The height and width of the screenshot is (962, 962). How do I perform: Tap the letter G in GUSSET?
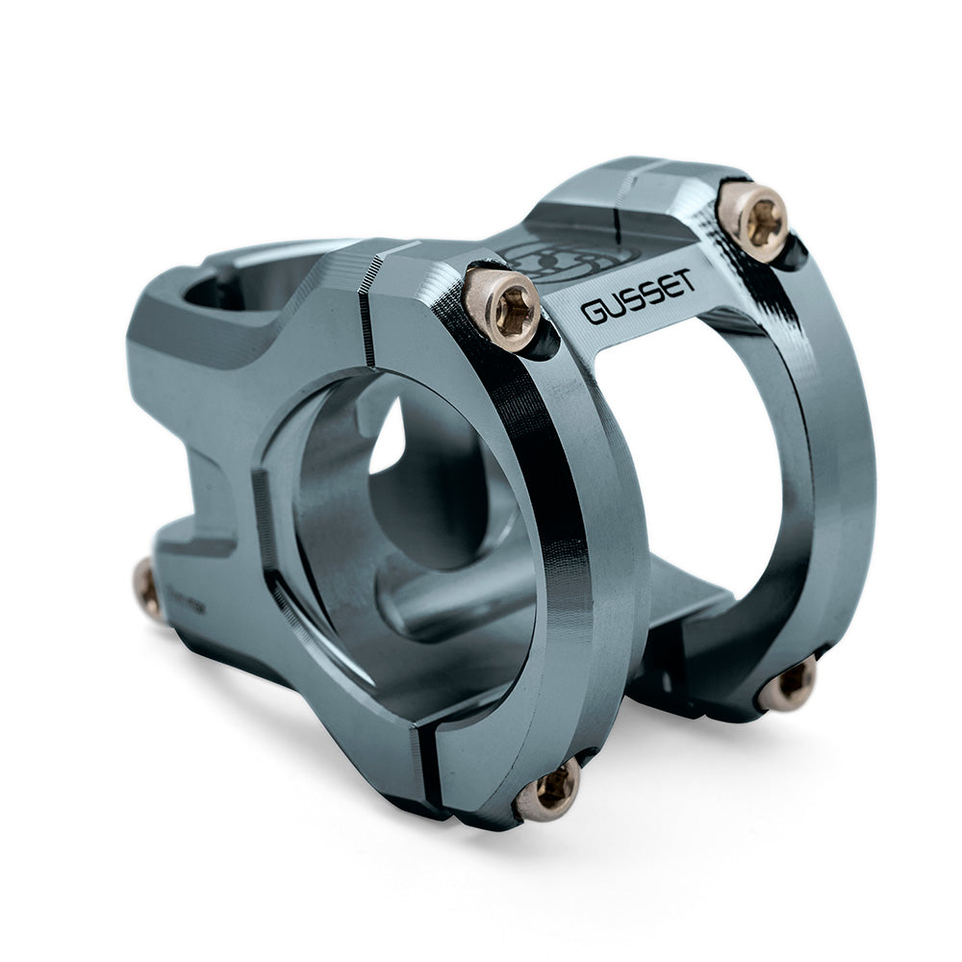tap(592, 314)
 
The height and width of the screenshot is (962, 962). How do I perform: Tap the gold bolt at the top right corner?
tap(753, 217)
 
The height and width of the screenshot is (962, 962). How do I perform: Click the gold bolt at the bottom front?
tap(549, 790)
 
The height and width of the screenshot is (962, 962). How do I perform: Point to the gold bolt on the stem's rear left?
tap(147, 589)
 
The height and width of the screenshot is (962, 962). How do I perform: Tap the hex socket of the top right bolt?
tap(757, 221)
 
